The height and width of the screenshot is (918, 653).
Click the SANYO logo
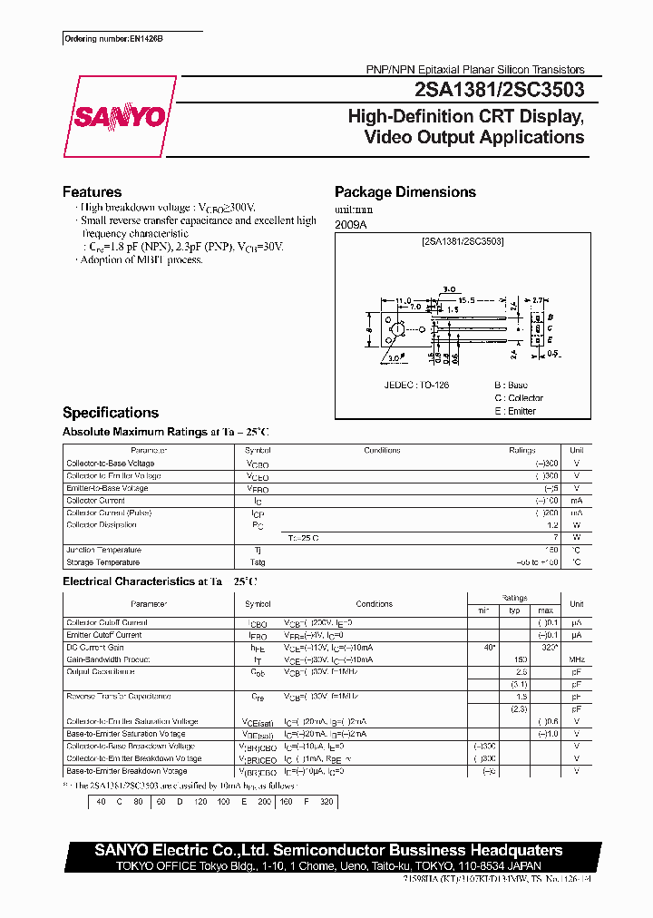(118, 116)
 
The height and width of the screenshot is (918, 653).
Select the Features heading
(92, 191)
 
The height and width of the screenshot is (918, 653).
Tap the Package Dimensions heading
(404, 191)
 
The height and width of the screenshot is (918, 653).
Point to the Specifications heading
(110, 412)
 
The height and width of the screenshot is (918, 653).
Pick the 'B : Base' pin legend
(511, 385)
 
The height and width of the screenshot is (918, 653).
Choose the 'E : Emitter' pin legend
(515, 411)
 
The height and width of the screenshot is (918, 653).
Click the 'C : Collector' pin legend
(519, 398)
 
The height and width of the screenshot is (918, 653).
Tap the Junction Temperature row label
(103, 550)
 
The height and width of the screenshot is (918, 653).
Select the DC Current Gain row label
(95, 647)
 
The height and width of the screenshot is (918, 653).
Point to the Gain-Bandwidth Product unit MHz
(576, 659)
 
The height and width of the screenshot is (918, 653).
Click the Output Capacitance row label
(101, 672)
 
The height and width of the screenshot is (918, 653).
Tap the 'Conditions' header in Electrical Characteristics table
(374, 604)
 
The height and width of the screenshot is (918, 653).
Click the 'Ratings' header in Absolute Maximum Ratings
(521, 450)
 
